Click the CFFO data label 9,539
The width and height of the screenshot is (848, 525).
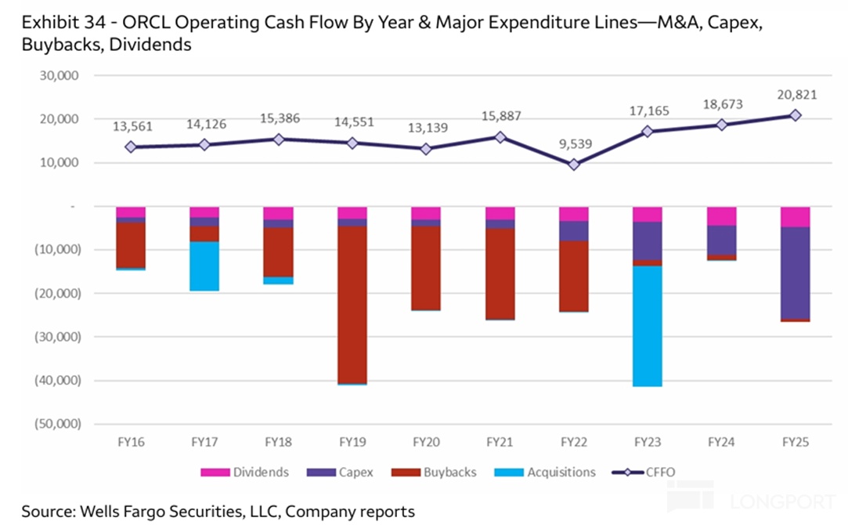click(573, 143)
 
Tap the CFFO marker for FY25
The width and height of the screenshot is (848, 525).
click(795, 115)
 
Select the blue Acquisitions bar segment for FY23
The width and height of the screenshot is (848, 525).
click(648, 326)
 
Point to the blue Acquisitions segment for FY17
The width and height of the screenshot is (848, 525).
click(204, 266)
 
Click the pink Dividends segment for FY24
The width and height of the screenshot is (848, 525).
click(721, 216)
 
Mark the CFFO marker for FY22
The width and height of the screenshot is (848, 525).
click(573, 165)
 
